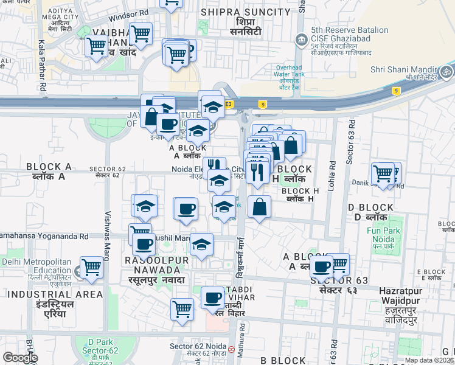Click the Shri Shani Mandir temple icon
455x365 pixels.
pos(448,70)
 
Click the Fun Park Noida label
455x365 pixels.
pos(383,235)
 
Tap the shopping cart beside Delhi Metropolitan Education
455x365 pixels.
pos(91,266)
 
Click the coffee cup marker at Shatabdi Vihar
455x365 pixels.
pos(213,297)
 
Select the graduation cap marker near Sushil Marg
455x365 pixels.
pos(201,245)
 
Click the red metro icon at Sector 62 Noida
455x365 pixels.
pos(231,350)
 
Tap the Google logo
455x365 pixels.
pos(20,357)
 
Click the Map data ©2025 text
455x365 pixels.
pos(429,360)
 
